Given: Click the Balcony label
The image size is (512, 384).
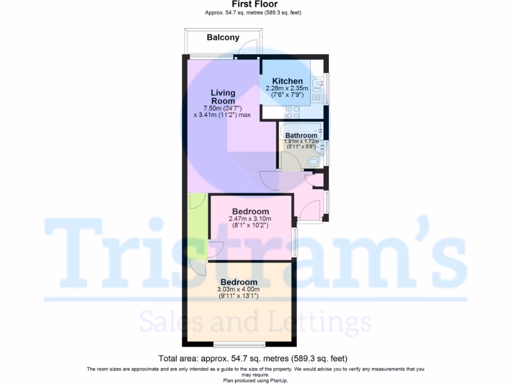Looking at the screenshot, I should pos(223,37).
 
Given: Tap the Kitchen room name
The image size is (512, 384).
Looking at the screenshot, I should pos(287,81).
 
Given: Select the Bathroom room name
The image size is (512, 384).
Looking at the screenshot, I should pos(301,135).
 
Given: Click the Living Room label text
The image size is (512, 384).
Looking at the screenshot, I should pos(223,96).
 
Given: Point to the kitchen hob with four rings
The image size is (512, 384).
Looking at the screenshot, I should pos(293,112).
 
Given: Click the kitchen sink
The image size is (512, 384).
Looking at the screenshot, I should pos(317,86).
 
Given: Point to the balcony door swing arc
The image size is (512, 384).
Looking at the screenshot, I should pos(248,49).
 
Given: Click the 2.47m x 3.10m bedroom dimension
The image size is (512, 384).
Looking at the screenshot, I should pos(249,218).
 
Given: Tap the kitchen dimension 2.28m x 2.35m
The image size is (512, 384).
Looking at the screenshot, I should pos(287,89).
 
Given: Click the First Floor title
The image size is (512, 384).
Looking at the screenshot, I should pos(254,4).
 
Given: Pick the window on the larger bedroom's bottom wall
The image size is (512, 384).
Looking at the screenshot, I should pos(239,344).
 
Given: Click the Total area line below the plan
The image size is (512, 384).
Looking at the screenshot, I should pos(252,358).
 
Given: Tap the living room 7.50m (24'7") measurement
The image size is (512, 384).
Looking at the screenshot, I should pos(222,108).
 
